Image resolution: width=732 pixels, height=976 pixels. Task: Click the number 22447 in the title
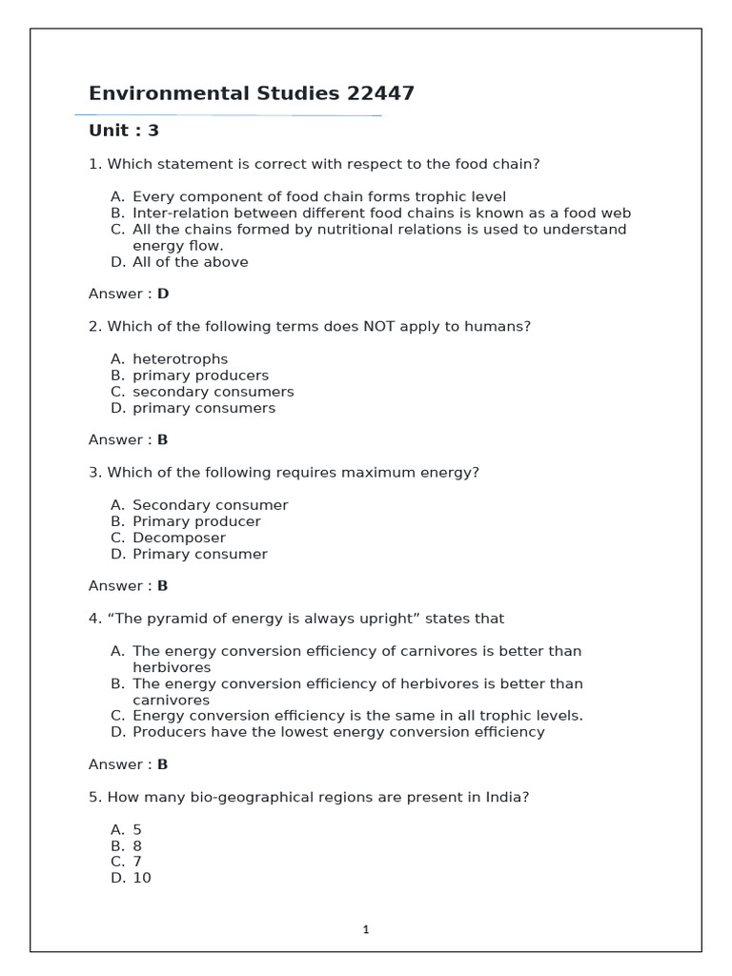coord(380,93)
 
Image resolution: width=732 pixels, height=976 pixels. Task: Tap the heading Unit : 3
coord(124,131)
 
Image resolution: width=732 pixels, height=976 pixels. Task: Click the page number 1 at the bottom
coord(366,929)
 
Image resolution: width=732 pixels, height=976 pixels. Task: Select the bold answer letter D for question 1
coord(163,294)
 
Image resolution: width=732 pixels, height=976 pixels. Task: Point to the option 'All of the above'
coord(190,262)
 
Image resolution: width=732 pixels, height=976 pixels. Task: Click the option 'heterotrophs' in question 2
coord(180,359)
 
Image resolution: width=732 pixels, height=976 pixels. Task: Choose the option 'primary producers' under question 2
coord(200,376)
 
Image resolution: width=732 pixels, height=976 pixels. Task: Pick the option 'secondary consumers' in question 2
coord(213,392)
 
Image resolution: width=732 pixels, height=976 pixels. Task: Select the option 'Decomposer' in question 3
coord(179,538)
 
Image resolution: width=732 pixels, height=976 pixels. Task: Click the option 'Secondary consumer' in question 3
coord(210,505)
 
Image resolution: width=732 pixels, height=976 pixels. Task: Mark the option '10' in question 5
coord(142,878)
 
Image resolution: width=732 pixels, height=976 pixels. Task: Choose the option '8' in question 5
coord(137,845)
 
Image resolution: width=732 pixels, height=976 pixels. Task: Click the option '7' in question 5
coord(137,862)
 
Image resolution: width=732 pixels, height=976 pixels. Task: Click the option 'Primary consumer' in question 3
coord(199,554)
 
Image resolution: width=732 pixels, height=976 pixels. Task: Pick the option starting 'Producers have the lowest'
coord(338,732)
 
